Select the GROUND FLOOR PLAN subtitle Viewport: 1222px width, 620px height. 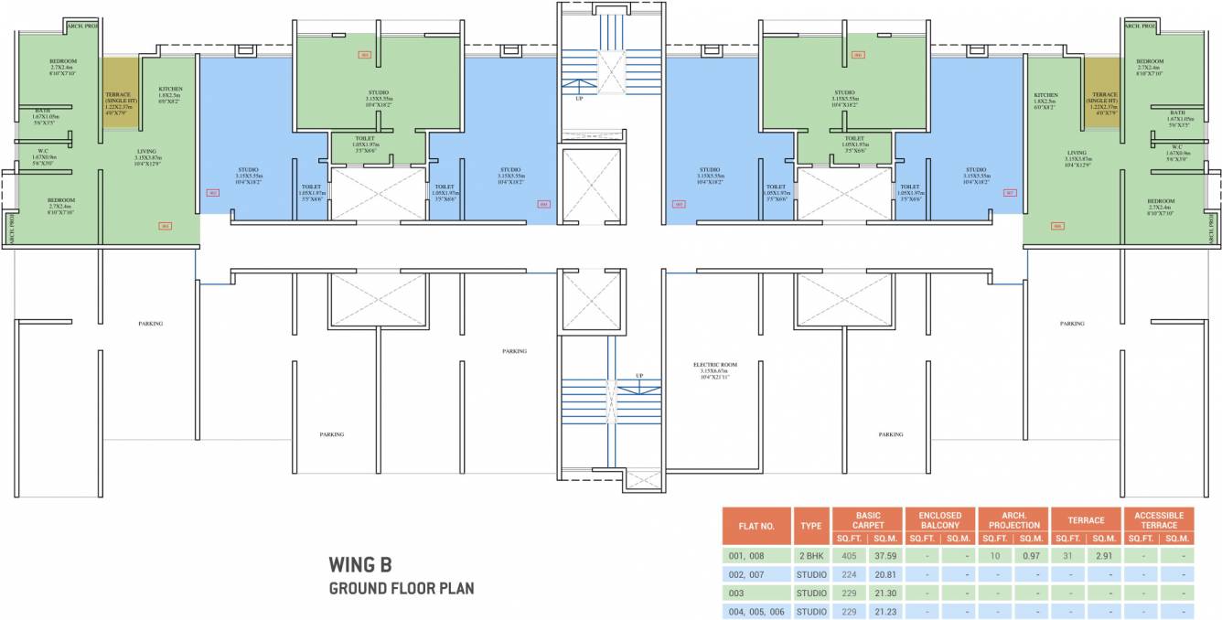click(401, 588)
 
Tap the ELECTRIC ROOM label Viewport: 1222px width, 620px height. click(715, 365)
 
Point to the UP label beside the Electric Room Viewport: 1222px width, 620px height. click(639, 376)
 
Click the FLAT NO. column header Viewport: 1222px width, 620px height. click(756, 526)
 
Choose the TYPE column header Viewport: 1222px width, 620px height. click(811, 526)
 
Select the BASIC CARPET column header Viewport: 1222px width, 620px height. click(867, 519)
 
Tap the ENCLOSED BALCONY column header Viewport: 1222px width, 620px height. click(940, 519)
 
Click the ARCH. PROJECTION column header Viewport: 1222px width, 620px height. click(1013, 519)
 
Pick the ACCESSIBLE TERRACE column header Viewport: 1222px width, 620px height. click(1159, 519)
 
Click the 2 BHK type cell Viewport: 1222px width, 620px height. click(811, 555)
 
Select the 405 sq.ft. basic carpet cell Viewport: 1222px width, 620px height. click(849, 555)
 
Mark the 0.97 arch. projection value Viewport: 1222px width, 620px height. click(1032, 555)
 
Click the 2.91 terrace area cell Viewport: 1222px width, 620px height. click(1104, 555)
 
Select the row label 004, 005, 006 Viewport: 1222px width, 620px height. click(756, 611)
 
